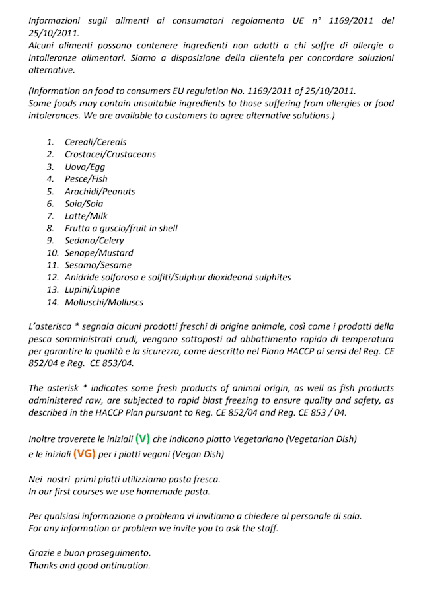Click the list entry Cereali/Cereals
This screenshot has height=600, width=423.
point(95,142)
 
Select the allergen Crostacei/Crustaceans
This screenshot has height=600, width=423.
point(110,154)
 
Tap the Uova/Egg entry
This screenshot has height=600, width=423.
point(85,167)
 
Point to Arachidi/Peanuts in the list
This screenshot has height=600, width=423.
point(100,191)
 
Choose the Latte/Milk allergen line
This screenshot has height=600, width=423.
point(86,216)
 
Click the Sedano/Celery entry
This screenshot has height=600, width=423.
point(94,241)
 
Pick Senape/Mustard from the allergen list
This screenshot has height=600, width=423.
point(98,252)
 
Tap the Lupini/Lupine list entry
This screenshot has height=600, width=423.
point(93,289)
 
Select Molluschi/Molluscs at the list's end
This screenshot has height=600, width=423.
point(104,302)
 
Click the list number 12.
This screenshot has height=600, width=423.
point(53,278)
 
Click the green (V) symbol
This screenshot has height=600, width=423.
point(142,438)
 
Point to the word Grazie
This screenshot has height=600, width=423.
point(44,552)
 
